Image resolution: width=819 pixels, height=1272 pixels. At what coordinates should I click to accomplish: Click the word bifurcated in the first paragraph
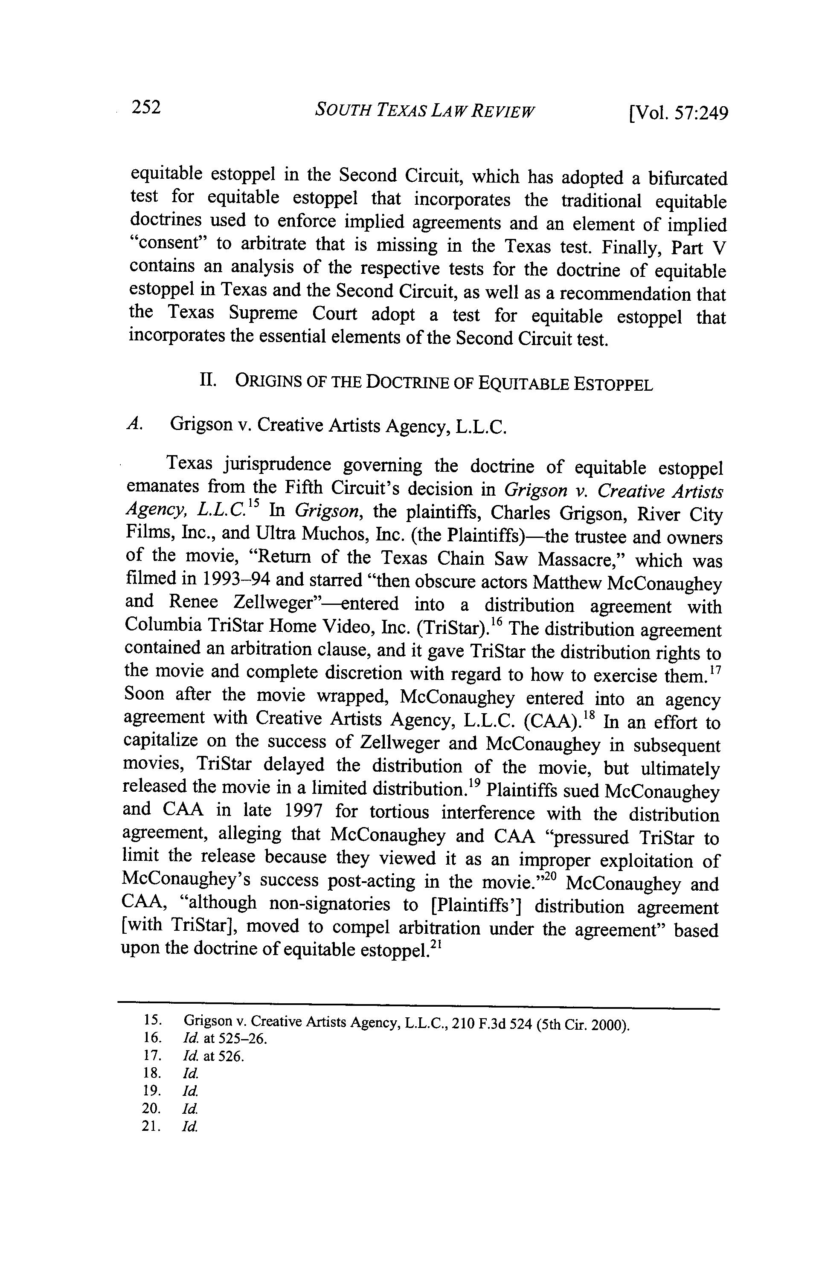[688, 178]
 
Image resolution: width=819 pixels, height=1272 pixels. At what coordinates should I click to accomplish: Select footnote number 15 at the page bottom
[153, 1020]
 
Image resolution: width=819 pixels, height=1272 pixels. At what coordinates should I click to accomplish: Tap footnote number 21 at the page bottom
[153, 1126]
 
